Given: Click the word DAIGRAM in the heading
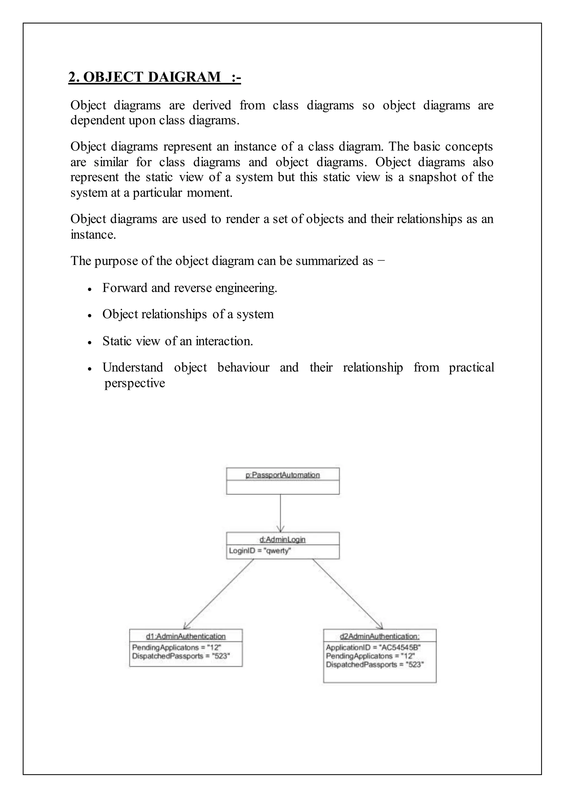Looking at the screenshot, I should click(x=185, y=77).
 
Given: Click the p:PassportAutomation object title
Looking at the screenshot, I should click(x=282, y=475).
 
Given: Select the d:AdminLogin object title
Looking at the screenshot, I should click(x=282, y=539).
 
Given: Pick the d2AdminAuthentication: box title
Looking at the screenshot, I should click(x=379, y=636).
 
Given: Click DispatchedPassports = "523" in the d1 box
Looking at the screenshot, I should click(x=181, y=656).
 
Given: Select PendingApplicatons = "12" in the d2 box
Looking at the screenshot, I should click(x=370, y=656).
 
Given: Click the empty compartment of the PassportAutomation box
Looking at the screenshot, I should click(x=282, y=487).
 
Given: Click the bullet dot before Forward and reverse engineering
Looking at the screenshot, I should click(x=90, y=289).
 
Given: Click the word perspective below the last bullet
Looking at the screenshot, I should click(x=135, y=383).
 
